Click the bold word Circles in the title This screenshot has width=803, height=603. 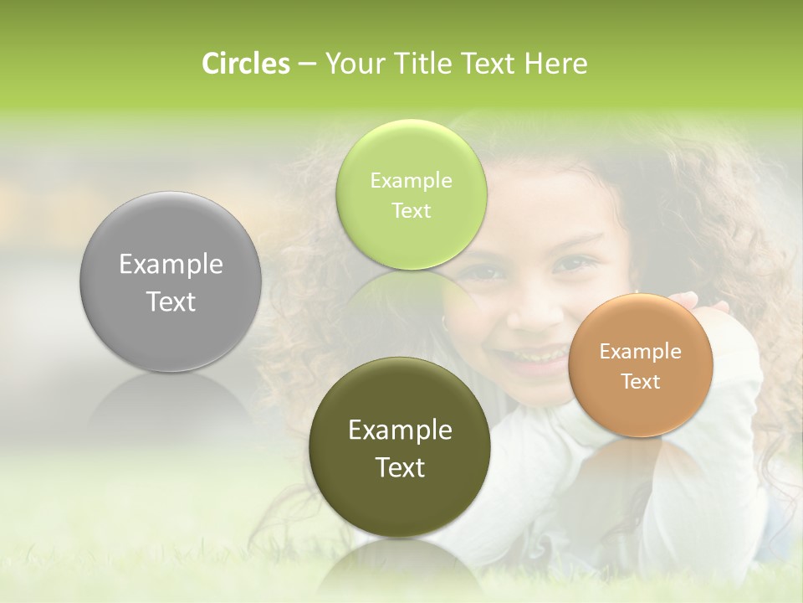pos(246,64)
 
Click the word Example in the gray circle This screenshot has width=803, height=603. pos(171,265)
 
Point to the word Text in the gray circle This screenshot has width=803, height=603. pos(171,301)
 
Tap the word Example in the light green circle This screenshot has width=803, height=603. pos(411,181)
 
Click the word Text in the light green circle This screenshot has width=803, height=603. pos(411,210)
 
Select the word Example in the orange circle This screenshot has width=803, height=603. pos(641,352)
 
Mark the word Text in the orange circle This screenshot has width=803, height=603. pos(641,382)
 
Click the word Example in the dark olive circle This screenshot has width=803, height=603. pos(400,430)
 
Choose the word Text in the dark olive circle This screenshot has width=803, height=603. pos(400,467)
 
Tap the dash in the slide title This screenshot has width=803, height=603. pos(307,64)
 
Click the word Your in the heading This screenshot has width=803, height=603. pos(350,64)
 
